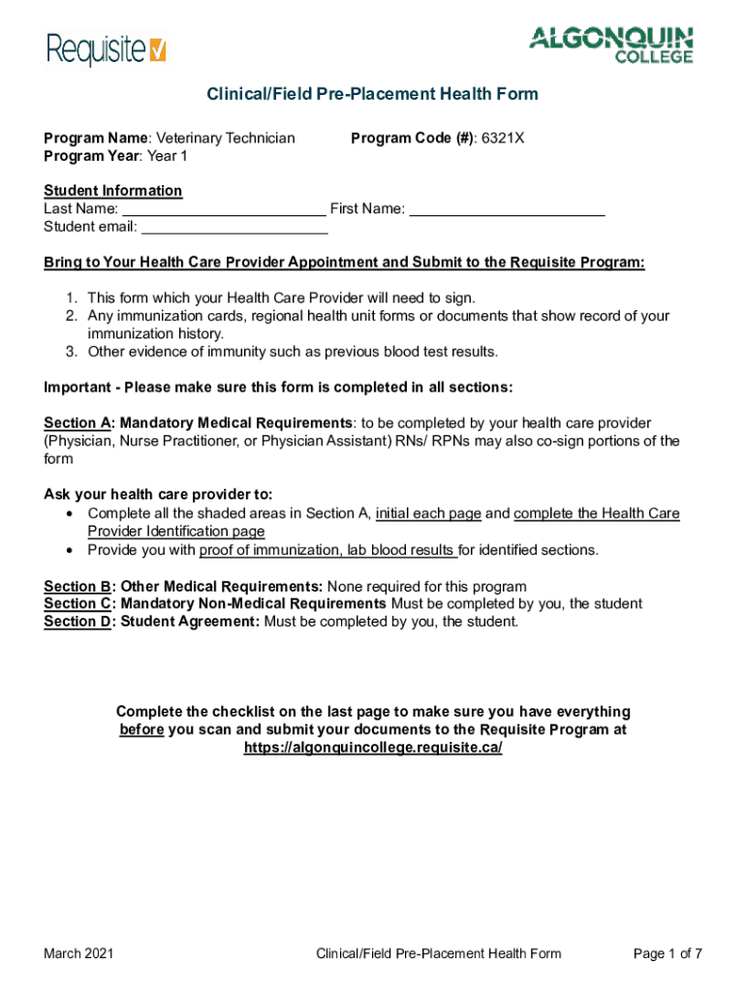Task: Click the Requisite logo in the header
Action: [x=107, y=48]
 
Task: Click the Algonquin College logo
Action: [x=610, y=45]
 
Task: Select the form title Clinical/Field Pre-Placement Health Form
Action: [x=372, y=94]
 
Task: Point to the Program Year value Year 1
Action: [x=168, y=156]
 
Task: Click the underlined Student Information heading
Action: [x=112, y=191]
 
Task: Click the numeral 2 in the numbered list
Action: [x=71, y=316]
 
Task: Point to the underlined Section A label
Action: [x=78, y=423]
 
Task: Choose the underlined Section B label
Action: [x=78, y=587]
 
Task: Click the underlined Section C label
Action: [x=78, y=604]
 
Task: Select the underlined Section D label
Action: [x=78, y=622]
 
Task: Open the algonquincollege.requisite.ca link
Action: [x=372, y=749]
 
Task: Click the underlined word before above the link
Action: [x=140, y=730]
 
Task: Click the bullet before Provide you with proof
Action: [x=71, y=550]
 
